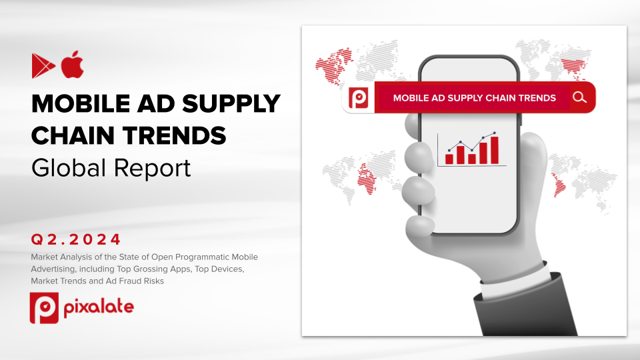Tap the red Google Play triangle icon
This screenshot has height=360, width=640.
click(43, 66)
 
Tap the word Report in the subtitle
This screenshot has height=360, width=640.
click(152, 169)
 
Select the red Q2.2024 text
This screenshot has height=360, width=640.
click(76, 239)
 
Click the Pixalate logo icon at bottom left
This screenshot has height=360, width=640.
click(44, 308)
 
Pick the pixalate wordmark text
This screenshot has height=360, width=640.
click(99, 307)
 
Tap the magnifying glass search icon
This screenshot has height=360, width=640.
click(579, 97)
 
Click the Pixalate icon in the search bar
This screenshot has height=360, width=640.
click(359, 98)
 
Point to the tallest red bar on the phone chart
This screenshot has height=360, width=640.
click(494, 150)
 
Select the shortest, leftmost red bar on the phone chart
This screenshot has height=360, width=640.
click(449, 159)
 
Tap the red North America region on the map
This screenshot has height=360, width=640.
click(334, 65)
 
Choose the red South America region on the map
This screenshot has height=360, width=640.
click(559, 185)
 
